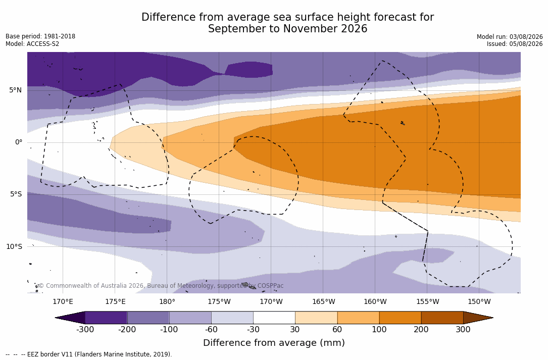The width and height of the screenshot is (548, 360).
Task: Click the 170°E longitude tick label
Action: pyautogui.click(x=63, y=301)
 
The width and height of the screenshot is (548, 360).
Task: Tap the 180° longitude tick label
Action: pyautogui.click(x=167, y=301)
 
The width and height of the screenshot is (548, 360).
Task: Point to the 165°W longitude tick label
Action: pyautogui.click(x=324, y=301)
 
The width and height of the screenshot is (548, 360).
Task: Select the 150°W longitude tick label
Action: pyautogui.click(x=479, y=301)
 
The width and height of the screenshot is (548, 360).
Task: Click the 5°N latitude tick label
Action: pyautogui.click(x=15, y=90)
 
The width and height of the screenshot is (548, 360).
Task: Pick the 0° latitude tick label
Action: pyautogui.click(x=19, y=142)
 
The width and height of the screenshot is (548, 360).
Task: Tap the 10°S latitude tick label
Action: pyautogui.click(x=14, y=246)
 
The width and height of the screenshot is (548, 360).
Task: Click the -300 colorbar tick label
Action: pyautogui.click(x=85, y=329)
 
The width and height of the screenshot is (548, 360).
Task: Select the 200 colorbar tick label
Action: pyautogui.click(x=421, y=329)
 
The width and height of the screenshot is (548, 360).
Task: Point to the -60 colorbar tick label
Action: pyautogui.click(x=211, y=329)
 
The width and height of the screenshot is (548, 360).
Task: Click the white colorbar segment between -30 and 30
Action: pyautogui.click(x=274, y=318)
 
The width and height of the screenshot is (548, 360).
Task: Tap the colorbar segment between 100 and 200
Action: pyautogui.click(x=400, y=318)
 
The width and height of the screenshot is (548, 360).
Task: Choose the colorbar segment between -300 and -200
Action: pyautogui.click(x=106, y=318)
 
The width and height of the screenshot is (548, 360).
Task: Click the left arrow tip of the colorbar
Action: pyautogui.click(x=56, y=318)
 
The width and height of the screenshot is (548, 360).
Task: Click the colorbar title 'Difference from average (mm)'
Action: pyautogui.click(x=274, y=342)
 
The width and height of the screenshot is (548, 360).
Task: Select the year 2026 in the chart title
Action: pyautogui.click(x=354, y=29)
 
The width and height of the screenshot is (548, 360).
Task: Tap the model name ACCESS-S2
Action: pyautogui.click(x=43, y=44)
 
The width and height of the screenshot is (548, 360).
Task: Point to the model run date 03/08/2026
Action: pyautogui.click(x=526, y=37)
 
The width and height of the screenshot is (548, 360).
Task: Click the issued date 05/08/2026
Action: pyautogui.click(x=526, y=44)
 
